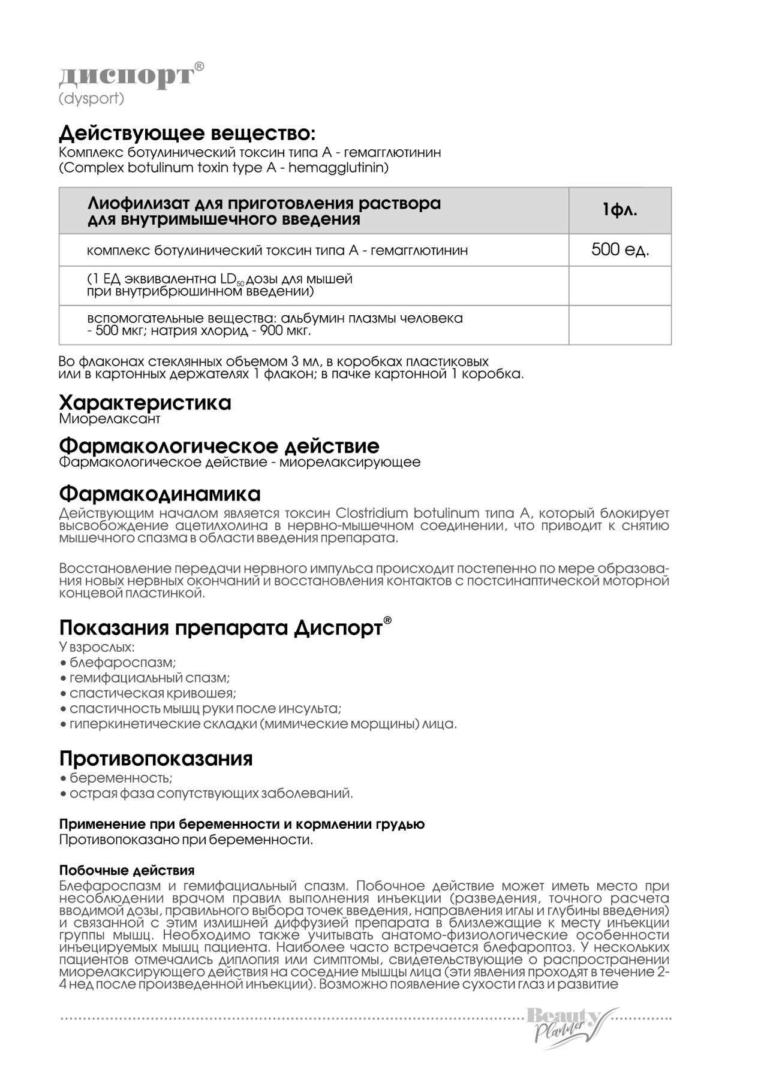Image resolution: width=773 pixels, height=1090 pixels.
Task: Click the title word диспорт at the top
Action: point(127,76)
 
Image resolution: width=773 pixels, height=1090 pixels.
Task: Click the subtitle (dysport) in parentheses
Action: point(91,98)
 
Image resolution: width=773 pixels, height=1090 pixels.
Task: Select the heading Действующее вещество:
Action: point(187,133)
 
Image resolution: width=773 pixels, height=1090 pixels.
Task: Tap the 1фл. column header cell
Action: point(619,210)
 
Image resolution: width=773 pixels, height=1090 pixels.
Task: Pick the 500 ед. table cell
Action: point(619,249)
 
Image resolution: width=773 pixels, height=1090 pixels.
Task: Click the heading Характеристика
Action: point(145,403)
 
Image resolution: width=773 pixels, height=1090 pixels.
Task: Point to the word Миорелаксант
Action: point(110,419)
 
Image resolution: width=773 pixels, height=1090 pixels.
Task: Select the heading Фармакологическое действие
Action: point(219,446)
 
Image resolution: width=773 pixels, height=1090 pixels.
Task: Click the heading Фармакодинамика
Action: point(160,494)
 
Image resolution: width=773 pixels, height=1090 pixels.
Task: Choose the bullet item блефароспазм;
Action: point(122,663)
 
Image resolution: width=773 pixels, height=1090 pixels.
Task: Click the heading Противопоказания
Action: point(156,759)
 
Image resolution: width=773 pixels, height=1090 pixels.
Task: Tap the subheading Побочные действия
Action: point(127,870)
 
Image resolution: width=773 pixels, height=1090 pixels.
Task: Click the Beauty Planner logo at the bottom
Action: point(566,1028)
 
